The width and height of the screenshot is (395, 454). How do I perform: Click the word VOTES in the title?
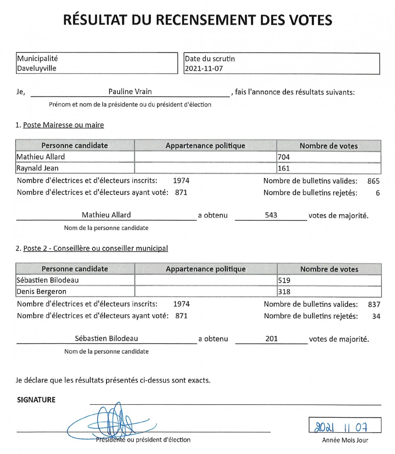click(311, 20)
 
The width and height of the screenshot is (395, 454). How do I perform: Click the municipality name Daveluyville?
click(37, 68)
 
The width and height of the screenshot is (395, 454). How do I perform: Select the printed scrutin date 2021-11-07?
click(204, 68)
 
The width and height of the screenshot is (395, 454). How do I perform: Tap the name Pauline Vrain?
click(130, 92)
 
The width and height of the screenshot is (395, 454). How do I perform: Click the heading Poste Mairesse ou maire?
click(64, 125)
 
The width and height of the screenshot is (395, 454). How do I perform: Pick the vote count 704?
click(284, 157)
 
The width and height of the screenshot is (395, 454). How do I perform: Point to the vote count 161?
click(284, 168)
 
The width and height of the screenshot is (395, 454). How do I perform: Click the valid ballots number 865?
click(373, 181)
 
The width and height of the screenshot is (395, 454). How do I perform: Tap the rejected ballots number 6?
click(378, 193)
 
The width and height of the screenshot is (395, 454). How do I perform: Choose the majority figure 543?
click(271, 215)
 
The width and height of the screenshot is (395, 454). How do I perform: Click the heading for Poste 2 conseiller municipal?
click(95, 248)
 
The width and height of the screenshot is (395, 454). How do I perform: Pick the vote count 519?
click(284, 280)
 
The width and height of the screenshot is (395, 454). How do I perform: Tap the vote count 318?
click(284, 292)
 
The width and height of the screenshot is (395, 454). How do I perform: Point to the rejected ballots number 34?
click(376, 316)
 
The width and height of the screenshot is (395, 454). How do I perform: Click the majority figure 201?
click(272, 339)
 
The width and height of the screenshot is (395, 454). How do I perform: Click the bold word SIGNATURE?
click(36, 400)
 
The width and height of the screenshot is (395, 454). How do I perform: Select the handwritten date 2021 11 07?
click(341, 427)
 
